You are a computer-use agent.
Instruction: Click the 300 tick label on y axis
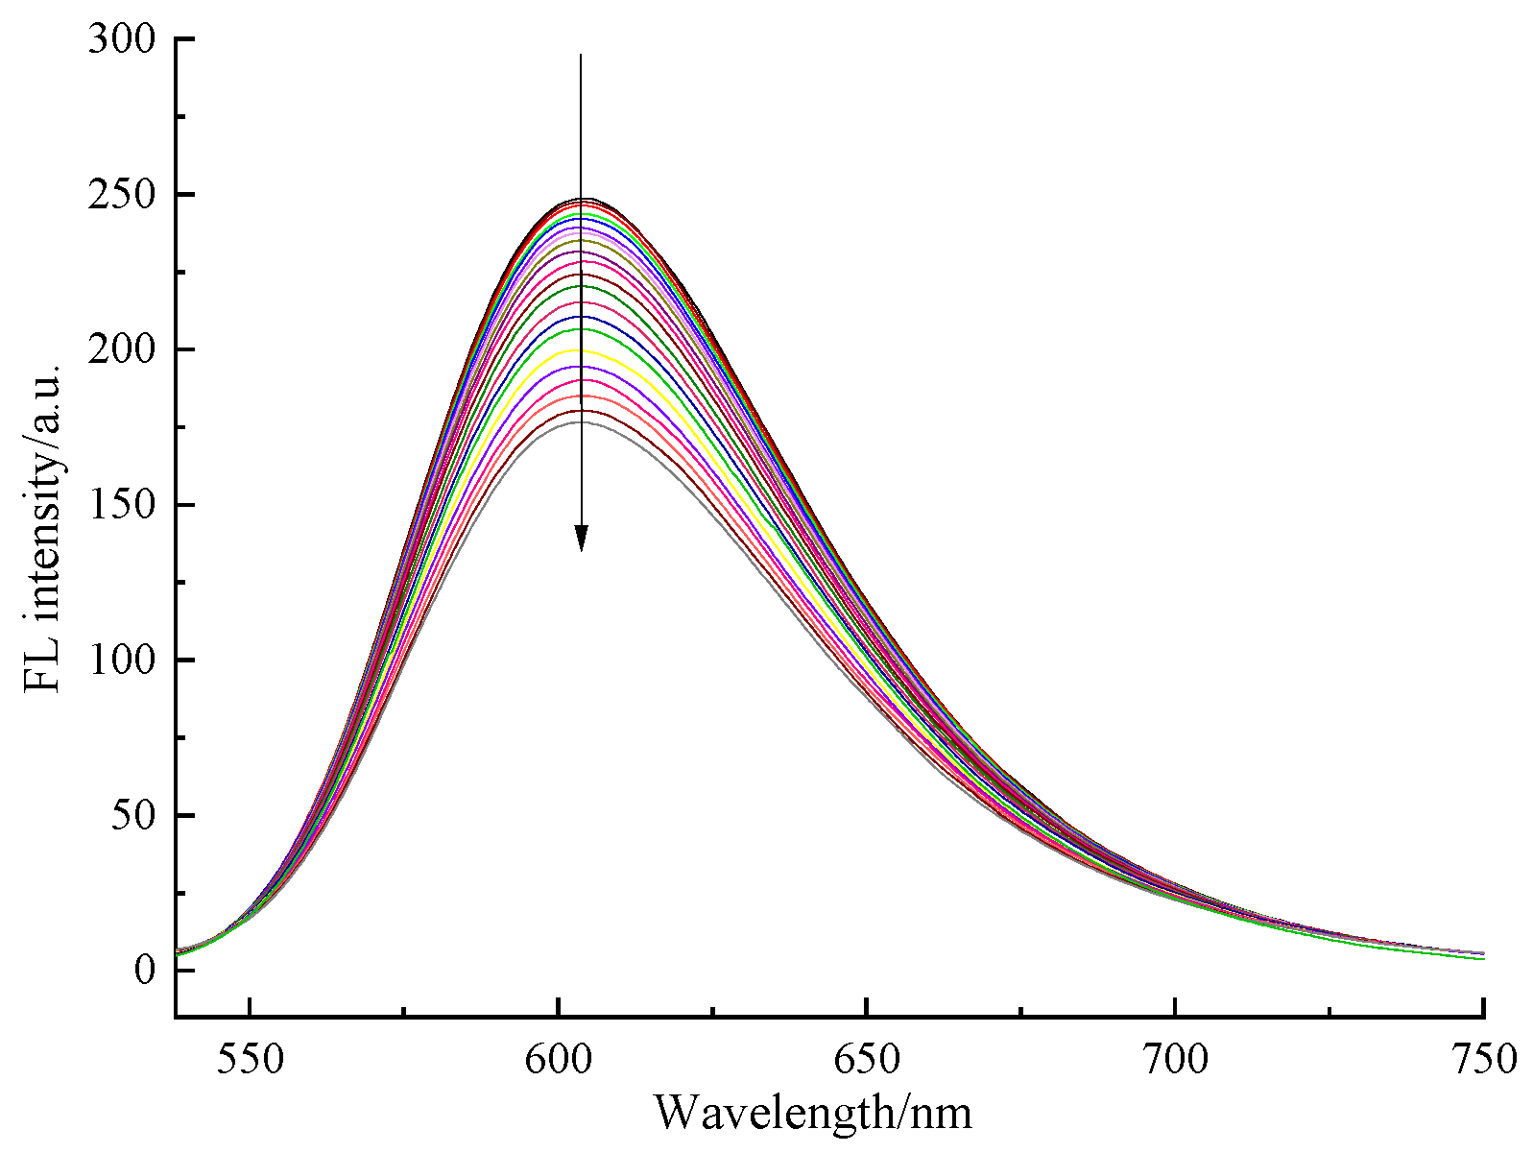120,39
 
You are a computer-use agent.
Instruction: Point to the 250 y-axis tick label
120,195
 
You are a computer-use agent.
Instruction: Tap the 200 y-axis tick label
120,350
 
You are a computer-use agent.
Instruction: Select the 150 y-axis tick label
120,506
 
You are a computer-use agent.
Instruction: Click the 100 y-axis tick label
120,661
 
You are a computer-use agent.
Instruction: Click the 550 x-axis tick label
250,1060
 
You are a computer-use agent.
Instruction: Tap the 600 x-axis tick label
558,1060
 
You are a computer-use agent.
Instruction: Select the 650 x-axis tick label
866,1060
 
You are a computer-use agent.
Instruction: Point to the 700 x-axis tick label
1175,1060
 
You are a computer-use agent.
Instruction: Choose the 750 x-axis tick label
1483,1060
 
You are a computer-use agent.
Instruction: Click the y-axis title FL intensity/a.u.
44,528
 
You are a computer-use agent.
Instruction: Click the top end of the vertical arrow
581,56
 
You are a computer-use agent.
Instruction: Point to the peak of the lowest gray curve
580,422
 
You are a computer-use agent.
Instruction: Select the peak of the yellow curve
580,350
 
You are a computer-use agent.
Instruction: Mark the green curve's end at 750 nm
1482,958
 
